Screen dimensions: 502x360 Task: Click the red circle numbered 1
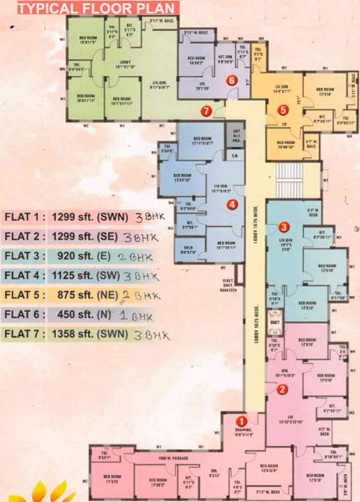tap(241, 422)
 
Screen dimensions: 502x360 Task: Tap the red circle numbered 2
tap(283, 388)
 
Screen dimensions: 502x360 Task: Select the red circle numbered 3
tap(284, 227)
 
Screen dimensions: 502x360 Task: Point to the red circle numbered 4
tap(232, 203)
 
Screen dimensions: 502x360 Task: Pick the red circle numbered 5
tap(283, 110)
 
